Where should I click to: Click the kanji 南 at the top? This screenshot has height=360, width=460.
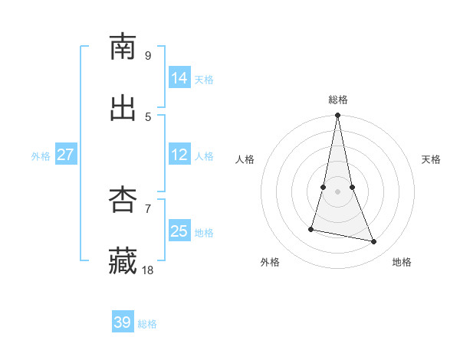pyautogui.click(x=123, y=47)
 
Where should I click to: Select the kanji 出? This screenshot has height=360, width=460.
pyautogui.click(x=123, y=108)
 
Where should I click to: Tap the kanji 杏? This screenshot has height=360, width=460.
pyautogui.click(x=123, y=200)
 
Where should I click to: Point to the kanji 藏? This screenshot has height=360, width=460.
pyautogui.click(x=123, y=261)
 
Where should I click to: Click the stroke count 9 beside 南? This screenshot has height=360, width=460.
pyautogui.click(x=148, y=55)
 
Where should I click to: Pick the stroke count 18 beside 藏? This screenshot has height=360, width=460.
pyautogui.click(x=148, y=270)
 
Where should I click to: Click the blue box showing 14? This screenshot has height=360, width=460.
pyautogui.click(x=179, y=78)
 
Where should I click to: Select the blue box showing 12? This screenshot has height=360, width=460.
pyautogui.click(x=179, y=155)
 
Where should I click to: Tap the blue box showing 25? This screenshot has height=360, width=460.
pyautogui.click(x=179, y=231)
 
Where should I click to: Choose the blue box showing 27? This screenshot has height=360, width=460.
pyautogui.click(x=66, y=155)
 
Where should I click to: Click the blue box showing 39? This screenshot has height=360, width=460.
pyautogui.click(x=123, y=322)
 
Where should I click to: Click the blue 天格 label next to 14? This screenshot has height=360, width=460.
pyautogui.click(x=204, y=80)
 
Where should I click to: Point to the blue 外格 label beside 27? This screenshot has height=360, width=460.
pyautogui.click(x=41, y=156)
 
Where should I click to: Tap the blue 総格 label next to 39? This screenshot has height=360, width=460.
pyautogui.click(x=147, y=324)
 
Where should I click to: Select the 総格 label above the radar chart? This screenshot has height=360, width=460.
pyautogui.click(x=338, y=100)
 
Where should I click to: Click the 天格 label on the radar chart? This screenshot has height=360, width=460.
pyautogui.click(x=431, y=159)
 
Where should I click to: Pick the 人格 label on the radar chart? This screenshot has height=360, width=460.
pyautogui.click(x=245, y=159)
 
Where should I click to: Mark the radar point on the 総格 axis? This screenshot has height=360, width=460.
pyautogui.click(x=337, y=116)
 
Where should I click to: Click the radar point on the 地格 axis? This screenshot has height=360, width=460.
pyautogui.click(x=374, y=242)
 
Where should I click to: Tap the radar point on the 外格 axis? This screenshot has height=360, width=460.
pyautogui.click(x=311, y=228)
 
